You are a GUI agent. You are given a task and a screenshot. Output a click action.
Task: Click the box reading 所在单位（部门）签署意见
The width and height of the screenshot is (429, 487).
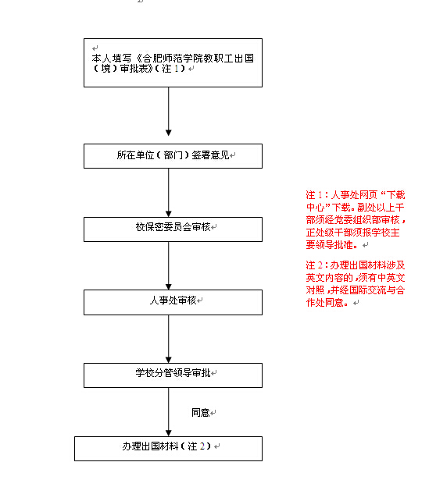point(173,156)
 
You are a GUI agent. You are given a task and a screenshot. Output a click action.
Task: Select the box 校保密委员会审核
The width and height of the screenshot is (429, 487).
point(173,229)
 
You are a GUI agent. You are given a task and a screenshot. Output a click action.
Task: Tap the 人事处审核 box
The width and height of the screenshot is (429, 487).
point(173,302)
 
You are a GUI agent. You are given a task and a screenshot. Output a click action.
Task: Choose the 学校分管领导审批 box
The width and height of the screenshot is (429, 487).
point(173,375)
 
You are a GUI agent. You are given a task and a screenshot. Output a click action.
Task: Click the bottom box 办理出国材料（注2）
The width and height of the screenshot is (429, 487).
point(168,449)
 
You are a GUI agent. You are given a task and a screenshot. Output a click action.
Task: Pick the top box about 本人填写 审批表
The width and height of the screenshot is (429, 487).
point(173,62)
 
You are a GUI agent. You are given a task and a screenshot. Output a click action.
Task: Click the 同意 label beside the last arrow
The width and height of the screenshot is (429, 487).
point(201,412)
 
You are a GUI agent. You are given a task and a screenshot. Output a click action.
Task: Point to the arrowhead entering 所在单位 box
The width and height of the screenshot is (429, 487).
point(169,133)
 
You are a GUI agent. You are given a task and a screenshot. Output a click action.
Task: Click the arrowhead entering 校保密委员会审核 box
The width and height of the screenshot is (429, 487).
point(169,214)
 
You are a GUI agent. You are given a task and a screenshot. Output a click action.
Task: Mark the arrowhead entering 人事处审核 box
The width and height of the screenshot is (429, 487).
point(169,286)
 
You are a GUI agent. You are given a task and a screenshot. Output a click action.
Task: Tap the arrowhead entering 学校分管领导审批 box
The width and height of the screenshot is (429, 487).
point(169,360)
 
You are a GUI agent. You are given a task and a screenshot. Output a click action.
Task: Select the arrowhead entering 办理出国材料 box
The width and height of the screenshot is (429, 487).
point(169,433)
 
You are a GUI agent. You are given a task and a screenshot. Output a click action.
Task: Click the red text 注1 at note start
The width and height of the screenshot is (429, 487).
point(314,195)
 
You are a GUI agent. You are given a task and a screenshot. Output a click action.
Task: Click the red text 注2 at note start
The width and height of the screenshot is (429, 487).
point(314,265)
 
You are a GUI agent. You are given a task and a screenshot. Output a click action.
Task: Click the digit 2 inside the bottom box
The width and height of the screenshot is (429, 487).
point(202,446)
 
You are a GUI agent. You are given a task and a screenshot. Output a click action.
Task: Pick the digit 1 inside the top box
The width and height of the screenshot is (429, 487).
point(177,69)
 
